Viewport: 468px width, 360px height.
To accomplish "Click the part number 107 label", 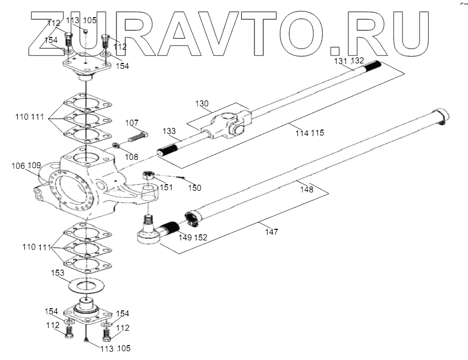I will coord(131,122).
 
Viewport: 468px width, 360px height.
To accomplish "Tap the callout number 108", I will coord(132,157).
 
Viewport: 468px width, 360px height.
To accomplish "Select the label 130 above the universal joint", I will coord(202,104).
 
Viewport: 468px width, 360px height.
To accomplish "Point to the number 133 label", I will coord(169,132).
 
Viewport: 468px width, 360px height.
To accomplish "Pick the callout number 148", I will coord(306,189).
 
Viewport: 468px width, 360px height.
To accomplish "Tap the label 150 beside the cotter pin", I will coord(195,188).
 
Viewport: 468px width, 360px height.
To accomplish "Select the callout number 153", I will coord(57,273).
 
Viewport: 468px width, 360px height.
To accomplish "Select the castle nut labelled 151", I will coord(148,176).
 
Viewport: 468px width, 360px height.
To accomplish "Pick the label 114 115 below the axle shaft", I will coord(309,133).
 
